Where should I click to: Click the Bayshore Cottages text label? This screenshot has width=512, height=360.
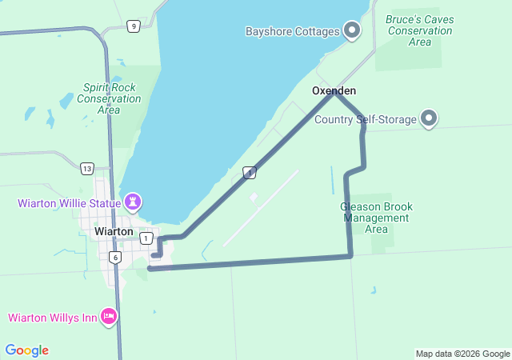point(293,32)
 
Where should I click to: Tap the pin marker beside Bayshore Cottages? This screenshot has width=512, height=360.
point(351,31)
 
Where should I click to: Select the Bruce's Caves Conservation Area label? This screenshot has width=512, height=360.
point(419,30)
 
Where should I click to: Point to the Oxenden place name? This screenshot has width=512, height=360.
point(334,91)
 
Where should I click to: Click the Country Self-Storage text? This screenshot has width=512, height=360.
point(366,120)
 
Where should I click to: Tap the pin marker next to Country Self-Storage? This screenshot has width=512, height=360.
point(429,119)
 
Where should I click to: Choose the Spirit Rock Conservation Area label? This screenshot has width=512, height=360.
point(109,98)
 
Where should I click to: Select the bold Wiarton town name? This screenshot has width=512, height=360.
point(114,231)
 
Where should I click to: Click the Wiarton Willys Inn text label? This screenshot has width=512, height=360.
point(53,318)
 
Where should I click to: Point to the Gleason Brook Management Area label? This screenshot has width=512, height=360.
point(376,218)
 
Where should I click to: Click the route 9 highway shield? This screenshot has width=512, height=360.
point(133,26)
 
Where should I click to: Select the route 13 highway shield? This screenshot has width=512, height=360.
point(86,168)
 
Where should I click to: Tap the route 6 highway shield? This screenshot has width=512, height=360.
point(115,257)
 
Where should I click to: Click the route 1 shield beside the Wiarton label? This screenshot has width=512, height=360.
point(146,238)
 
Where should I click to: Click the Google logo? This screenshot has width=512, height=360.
point(26,350)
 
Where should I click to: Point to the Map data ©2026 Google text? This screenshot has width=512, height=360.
point(462,354)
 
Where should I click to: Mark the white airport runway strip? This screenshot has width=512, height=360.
point(261,208)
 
